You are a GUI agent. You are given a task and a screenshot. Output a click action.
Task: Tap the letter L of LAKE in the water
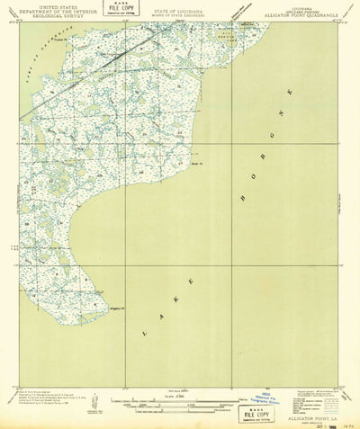[x=143, y=333]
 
